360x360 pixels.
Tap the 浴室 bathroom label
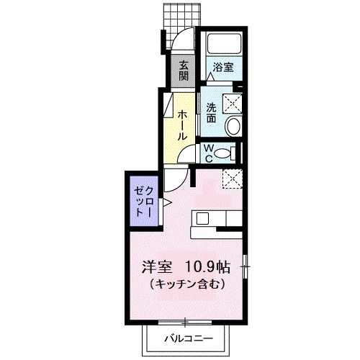tap(222, 68)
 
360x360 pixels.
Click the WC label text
tap(207, 152)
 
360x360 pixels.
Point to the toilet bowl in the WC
tap(225, 153)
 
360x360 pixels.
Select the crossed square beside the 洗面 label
tap(233, 103)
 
